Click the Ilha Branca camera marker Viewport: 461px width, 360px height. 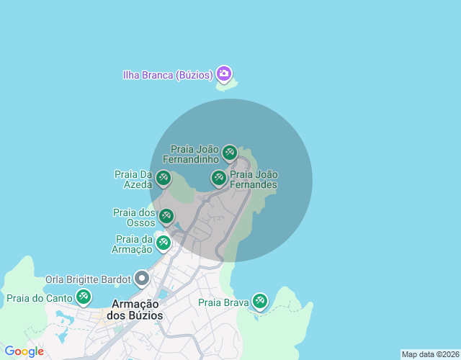(x=224, y=73)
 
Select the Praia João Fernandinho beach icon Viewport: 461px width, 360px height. (x=229, y=152)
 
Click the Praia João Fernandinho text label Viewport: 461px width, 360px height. (x=191, y=153)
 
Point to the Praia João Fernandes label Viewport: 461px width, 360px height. (x=253, y=179)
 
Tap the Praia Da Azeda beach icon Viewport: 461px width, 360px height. (x=164, y=177)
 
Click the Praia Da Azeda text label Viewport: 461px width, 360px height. (x=133, y=179)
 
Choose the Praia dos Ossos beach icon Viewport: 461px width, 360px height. (x=166, y=215)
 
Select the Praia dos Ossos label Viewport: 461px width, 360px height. (x=135, y=217)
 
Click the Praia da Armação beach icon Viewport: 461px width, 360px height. (x=164, y=242)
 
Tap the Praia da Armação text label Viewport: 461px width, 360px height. (x=133, y=244)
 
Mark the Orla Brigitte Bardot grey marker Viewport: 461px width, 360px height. (x=142, y=278)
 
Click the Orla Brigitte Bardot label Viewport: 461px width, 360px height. (x=88, y=279)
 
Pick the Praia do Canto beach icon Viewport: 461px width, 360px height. (x=84, y=296)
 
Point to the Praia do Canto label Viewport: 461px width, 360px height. (x=40, y=298)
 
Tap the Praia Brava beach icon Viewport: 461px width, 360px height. (x=259, y=301)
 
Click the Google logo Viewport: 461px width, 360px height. (x=24, y=351)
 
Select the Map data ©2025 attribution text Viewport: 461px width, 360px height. (x=429, y=354)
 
